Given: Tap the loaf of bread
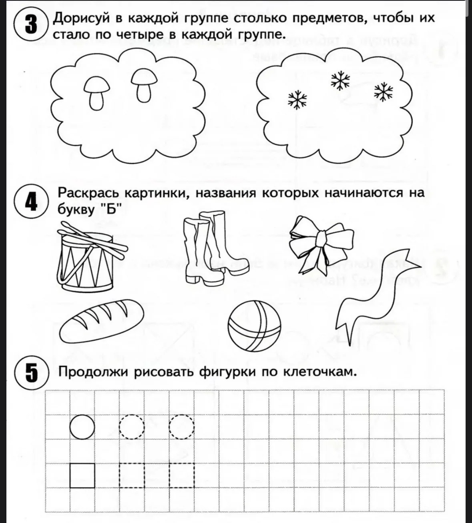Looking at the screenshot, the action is (101, 321).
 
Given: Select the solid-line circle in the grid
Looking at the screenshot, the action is (82, 427).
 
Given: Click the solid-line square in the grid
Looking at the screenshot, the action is (82, 475).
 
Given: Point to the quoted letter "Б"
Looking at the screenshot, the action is (111, 209).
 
